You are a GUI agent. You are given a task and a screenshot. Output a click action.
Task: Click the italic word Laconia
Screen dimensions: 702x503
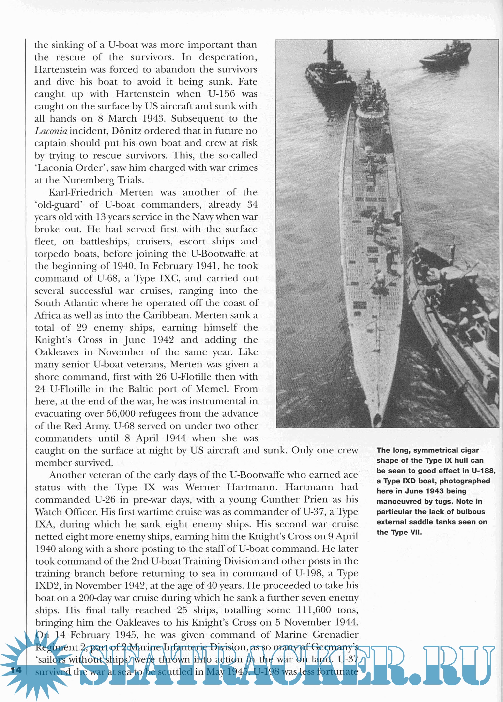(51, 131)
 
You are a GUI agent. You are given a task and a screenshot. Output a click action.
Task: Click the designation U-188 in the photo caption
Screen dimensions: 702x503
(483, 471)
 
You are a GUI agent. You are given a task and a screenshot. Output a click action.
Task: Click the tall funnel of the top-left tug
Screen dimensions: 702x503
(330, 51)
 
